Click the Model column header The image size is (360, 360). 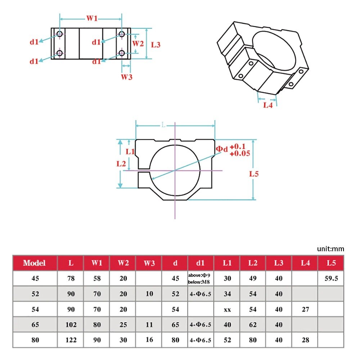[35, 263]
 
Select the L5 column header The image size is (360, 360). [331, 263]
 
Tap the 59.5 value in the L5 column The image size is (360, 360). [331, 278]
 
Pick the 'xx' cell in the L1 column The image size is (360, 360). [227, 309]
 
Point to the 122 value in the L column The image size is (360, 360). [71, 340]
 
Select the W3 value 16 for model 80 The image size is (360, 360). [149, 339]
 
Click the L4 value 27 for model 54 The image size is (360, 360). [305, 309]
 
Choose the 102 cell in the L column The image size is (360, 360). [71, 325]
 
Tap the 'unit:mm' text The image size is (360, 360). [330, 249]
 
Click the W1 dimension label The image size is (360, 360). [91, 18]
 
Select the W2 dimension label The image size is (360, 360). [138, 44]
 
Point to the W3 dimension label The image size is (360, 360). [126, 77]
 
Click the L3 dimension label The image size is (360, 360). [156, 45]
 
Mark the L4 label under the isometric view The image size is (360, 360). [268, 105]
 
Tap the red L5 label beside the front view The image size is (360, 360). [254, 174]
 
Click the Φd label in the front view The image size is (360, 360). [221, 149]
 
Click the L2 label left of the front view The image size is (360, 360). [121, 163]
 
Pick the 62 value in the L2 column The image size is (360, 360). [253, 325]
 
